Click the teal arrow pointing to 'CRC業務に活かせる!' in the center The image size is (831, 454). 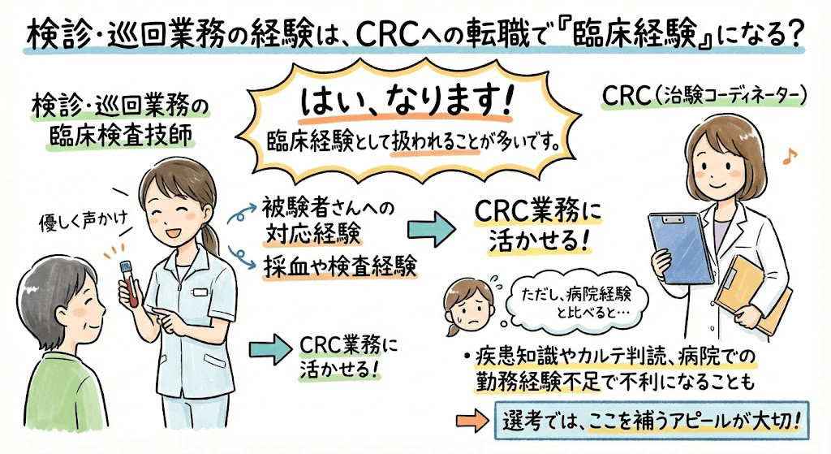pyautogui.click(x=429, y=228)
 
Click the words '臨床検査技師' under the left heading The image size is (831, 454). pyautogui.click(x=123, y=135)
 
